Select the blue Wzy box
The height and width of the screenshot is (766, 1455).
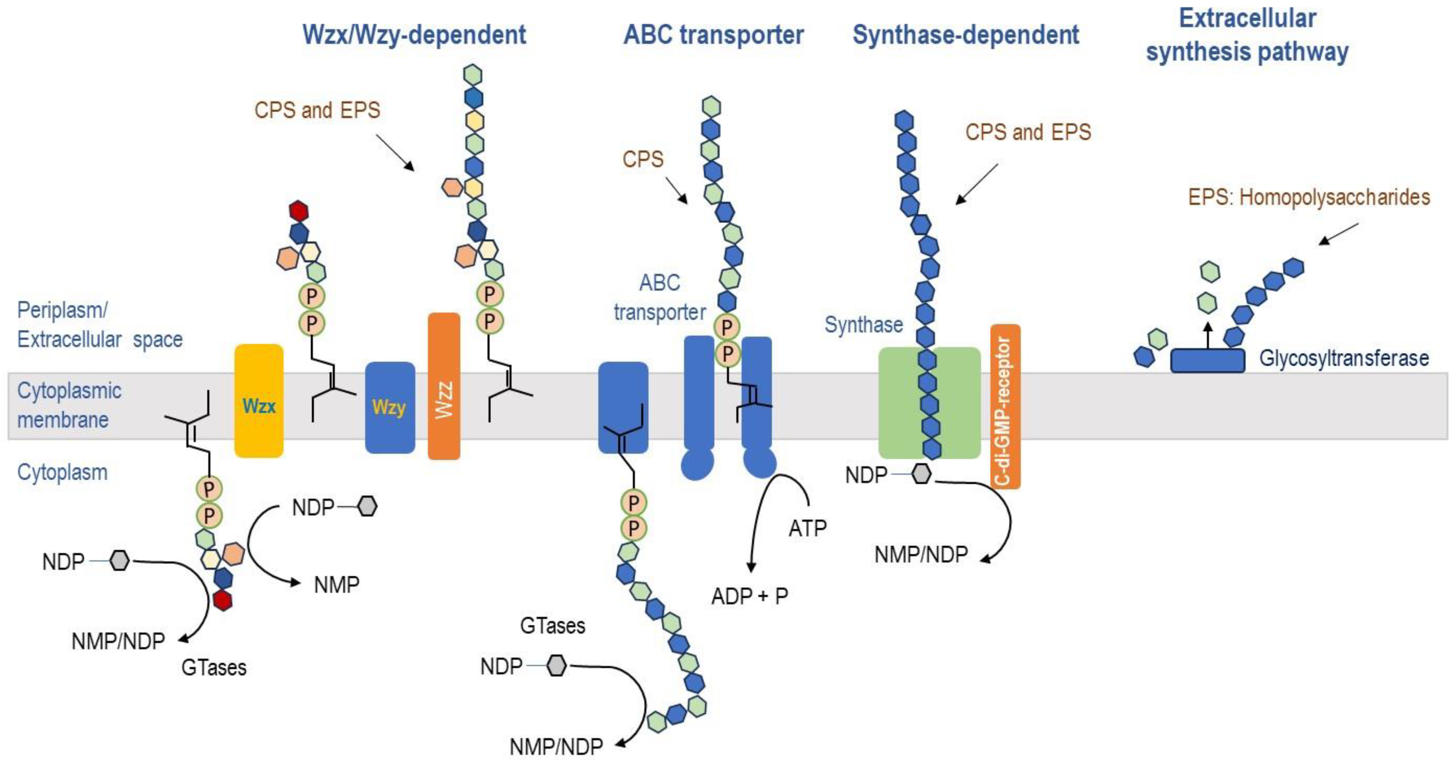click(x=390, y=407)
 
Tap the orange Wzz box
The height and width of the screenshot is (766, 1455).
click(x=444, y=386)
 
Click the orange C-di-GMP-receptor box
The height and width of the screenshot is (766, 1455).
click(x=1005, y=406)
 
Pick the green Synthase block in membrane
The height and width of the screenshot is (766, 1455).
click(x=898, y=402)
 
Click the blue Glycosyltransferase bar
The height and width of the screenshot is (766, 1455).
click(x=1207, y=361)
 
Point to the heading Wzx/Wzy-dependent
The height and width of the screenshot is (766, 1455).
click(x=414, y=35)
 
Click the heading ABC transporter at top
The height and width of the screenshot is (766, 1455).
click(x=713, y=35)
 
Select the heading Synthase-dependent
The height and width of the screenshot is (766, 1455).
click(x=965, y=35)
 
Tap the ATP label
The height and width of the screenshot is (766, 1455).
click(x=807, y=528)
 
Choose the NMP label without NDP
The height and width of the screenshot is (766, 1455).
click(x=337, y=585)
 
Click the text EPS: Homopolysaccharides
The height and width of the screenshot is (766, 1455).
click(x=1309, y=197)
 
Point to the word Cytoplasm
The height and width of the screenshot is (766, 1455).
click(x=62, y=472)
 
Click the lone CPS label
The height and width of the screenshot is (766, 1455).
click(x=643, y=159)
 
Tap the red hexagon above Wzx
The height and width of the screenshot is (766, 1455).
click(x=298, y=211)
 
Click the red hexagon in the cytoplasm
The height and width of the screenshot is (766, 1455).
click(x=223, y=600)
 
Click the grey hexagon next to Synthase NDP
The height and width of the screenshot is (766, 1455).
click(x=921, y=474)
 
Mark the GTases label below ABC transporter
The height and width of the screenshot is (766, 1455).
click(x=553, y=626)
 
